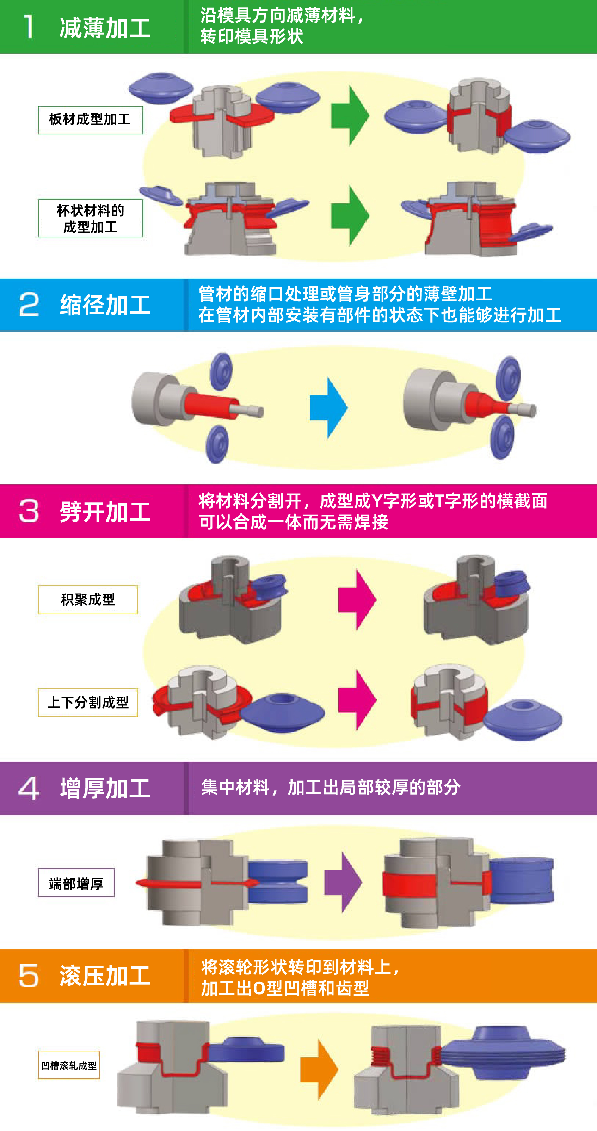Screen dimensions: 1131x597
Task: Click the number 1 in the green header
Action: [29, 27]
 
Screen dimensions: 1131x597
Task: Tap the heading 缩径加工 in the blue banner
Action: [105, 305]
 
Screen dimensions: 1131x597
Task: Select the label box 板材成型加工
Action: [90, 120]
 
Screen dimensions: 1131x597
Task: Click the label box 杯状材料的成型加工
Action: [90, 218]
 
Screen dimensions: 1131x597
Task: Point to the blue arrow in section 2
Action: [328, 408]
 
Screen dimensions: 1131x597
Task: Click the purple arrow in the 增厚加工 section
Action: [343, 882]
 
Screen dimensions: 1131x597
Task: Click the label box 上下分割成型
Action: [88, 702]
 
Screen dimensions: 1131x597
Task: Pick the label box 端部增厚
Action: [76, 883]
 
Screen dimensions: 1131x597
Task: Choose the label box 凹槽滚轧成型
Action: [69, 1065]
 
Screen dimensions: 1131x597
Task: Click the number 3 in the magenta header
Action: [29, 511]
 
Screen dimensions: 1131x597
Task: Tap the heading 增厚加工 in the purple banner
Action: [105, 789]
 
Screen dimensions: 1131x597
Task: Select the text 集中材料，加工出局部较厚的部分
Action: [331, 787]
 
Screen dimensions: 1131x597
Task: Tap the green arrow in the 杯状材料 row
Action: [350, 215]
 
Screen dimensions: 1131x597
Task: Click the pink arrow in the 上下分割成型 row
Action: [357, 700]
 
